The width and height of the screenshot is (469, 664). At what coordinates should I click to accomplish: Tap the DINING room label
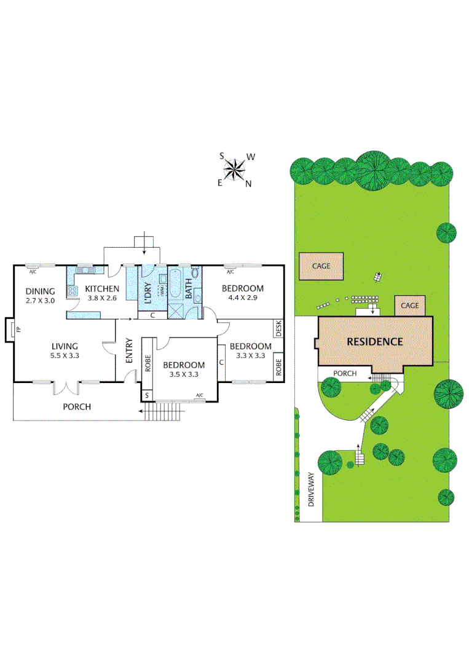[x=41, y=291]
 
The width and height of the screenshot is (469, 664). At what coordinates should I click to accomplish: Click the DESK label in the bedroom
[x=278, y=328]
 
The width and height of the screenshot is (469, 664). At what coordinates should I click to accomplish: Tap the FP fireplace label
[x=18, y=330]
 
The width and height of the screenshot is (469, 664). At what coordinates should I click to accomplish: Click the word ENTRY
[x=129, y=351]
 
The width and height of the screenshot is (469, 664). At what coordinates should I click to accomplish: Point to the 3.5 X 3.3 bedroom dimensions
[x=184, y=374]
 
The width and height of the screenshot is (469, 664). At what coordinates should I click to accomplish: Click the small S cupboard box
[x=146, y=395]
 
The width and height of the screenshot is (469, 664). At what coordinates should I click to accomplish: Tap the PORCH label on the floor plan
[x=77, y=406]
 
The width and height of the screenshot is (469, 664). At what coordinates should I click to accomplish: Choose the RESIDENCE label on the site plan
[x=375, y=342]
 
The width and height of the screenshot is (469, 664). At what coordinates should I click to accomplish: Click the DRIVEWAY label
[x=310, y=489]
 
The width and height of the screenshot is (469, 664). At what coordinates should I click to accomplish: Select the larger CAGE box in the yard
[x=321, y=266]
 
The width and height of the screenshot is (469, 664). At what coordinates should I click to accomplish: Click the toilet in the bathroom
[x=195, y=274]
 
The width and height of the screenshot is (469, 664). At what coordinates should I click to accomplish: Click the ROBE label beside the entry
[x=148, y=363]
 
